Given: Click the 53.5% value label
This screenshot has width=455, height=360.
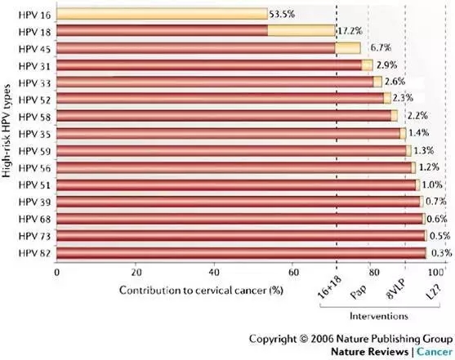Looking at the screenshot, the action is click(x=282, y=14).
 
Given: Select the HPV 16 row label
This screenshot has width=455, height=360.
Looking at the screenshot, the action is click(x=34, y=15).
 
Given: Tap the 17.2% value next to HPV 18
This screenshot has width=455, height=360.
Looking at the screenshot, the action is click(x=350, y=31).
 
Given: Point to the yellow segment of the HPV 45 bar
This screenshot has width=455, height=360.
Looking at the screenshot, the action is click(x=348, y=48).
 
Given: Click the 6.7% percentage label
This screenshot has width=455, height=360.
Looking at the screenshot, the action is click(x=381, y=47).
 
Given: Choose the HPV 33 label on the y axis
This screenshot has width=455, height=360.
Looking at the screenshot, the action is click(x=34, y=83).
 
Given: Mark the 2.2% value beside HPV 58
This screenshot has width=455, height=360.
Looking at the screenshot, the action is click(x=417, y=116).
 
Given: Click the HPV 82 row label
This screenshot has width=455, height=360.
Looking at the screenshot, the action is click(x=34, y=253).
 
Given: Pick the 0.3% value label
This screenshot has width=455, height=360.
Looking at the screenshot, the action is click(x=442, y=253).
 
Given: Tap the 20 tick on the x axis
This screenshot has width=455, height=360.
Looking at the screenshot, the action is click(x=136, y=273).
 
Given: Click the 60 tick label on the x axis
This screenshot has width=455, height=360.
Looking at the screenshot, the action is click(x=293, y=273).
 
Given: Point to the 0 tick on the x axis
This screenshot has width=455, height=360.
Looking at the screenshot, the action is click(x=57, y=273).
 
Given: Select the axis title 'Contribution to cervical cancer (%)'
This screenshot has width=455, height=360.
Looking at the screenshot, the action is click(x=201, y=291).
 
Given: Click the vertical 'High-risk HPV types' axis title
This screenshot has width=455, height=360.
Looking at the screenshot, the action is click(x=7, y=131).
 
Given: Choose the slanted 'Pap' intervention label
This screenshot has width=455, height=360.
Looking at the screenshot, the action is click(x=359, y=291).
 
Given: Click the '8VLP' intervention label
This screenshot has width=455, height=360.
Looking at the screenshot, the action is click(x=396, y=290).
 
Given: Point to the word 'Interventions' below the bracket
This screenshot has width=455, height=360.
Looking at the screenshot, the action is click(x=379, y=316).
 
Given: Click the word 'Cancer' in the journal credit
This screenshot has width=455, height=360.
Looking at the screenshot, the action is click(x=435, y=352).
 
